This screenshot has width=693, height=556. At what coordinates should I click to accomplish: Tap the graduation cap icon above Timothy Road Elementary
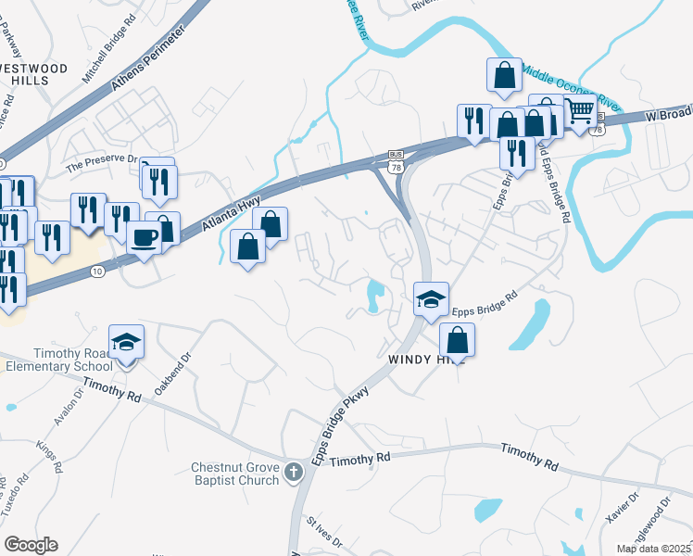[x=126, y=342]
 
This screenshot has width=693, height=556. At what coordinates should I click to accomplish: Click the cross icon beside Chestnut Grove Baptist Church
[x=293, y=474]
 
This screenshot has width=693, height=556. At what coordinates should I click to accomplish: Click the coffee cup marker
[x=143, y=237]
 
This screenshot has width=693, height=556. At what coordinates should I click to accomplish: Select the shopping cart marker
[x=580, y=110]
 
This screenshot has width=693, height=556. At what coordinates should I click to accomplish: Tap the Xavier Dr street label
[x=622, y=510]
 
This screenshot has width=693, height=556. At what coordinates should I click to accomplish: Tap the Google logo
[x=31, y=545]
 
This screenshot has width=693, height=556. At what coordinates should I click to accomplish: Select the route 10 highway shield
[x=97, y=272]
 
